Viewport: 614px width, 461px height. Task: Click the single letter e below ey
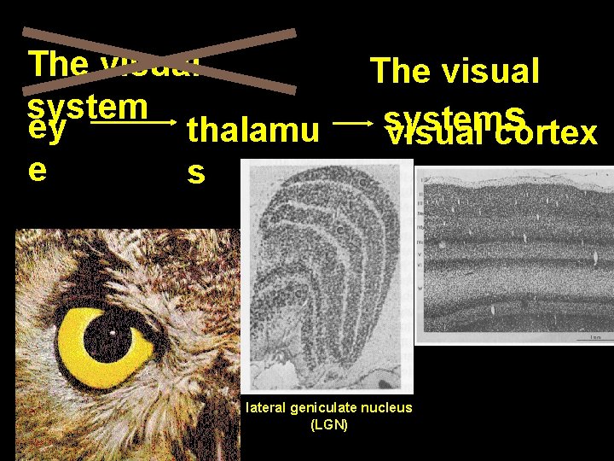pos(37,168)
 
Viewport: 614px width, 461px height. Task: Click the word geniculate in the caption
pos(328,408)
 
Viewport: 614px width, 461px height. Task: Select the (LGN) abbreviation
pos(329,424)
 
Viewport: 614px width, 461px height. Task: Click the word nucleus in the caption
pos(387,408)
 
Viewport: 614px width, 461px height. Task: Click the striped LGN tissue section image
pos(329,273)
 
